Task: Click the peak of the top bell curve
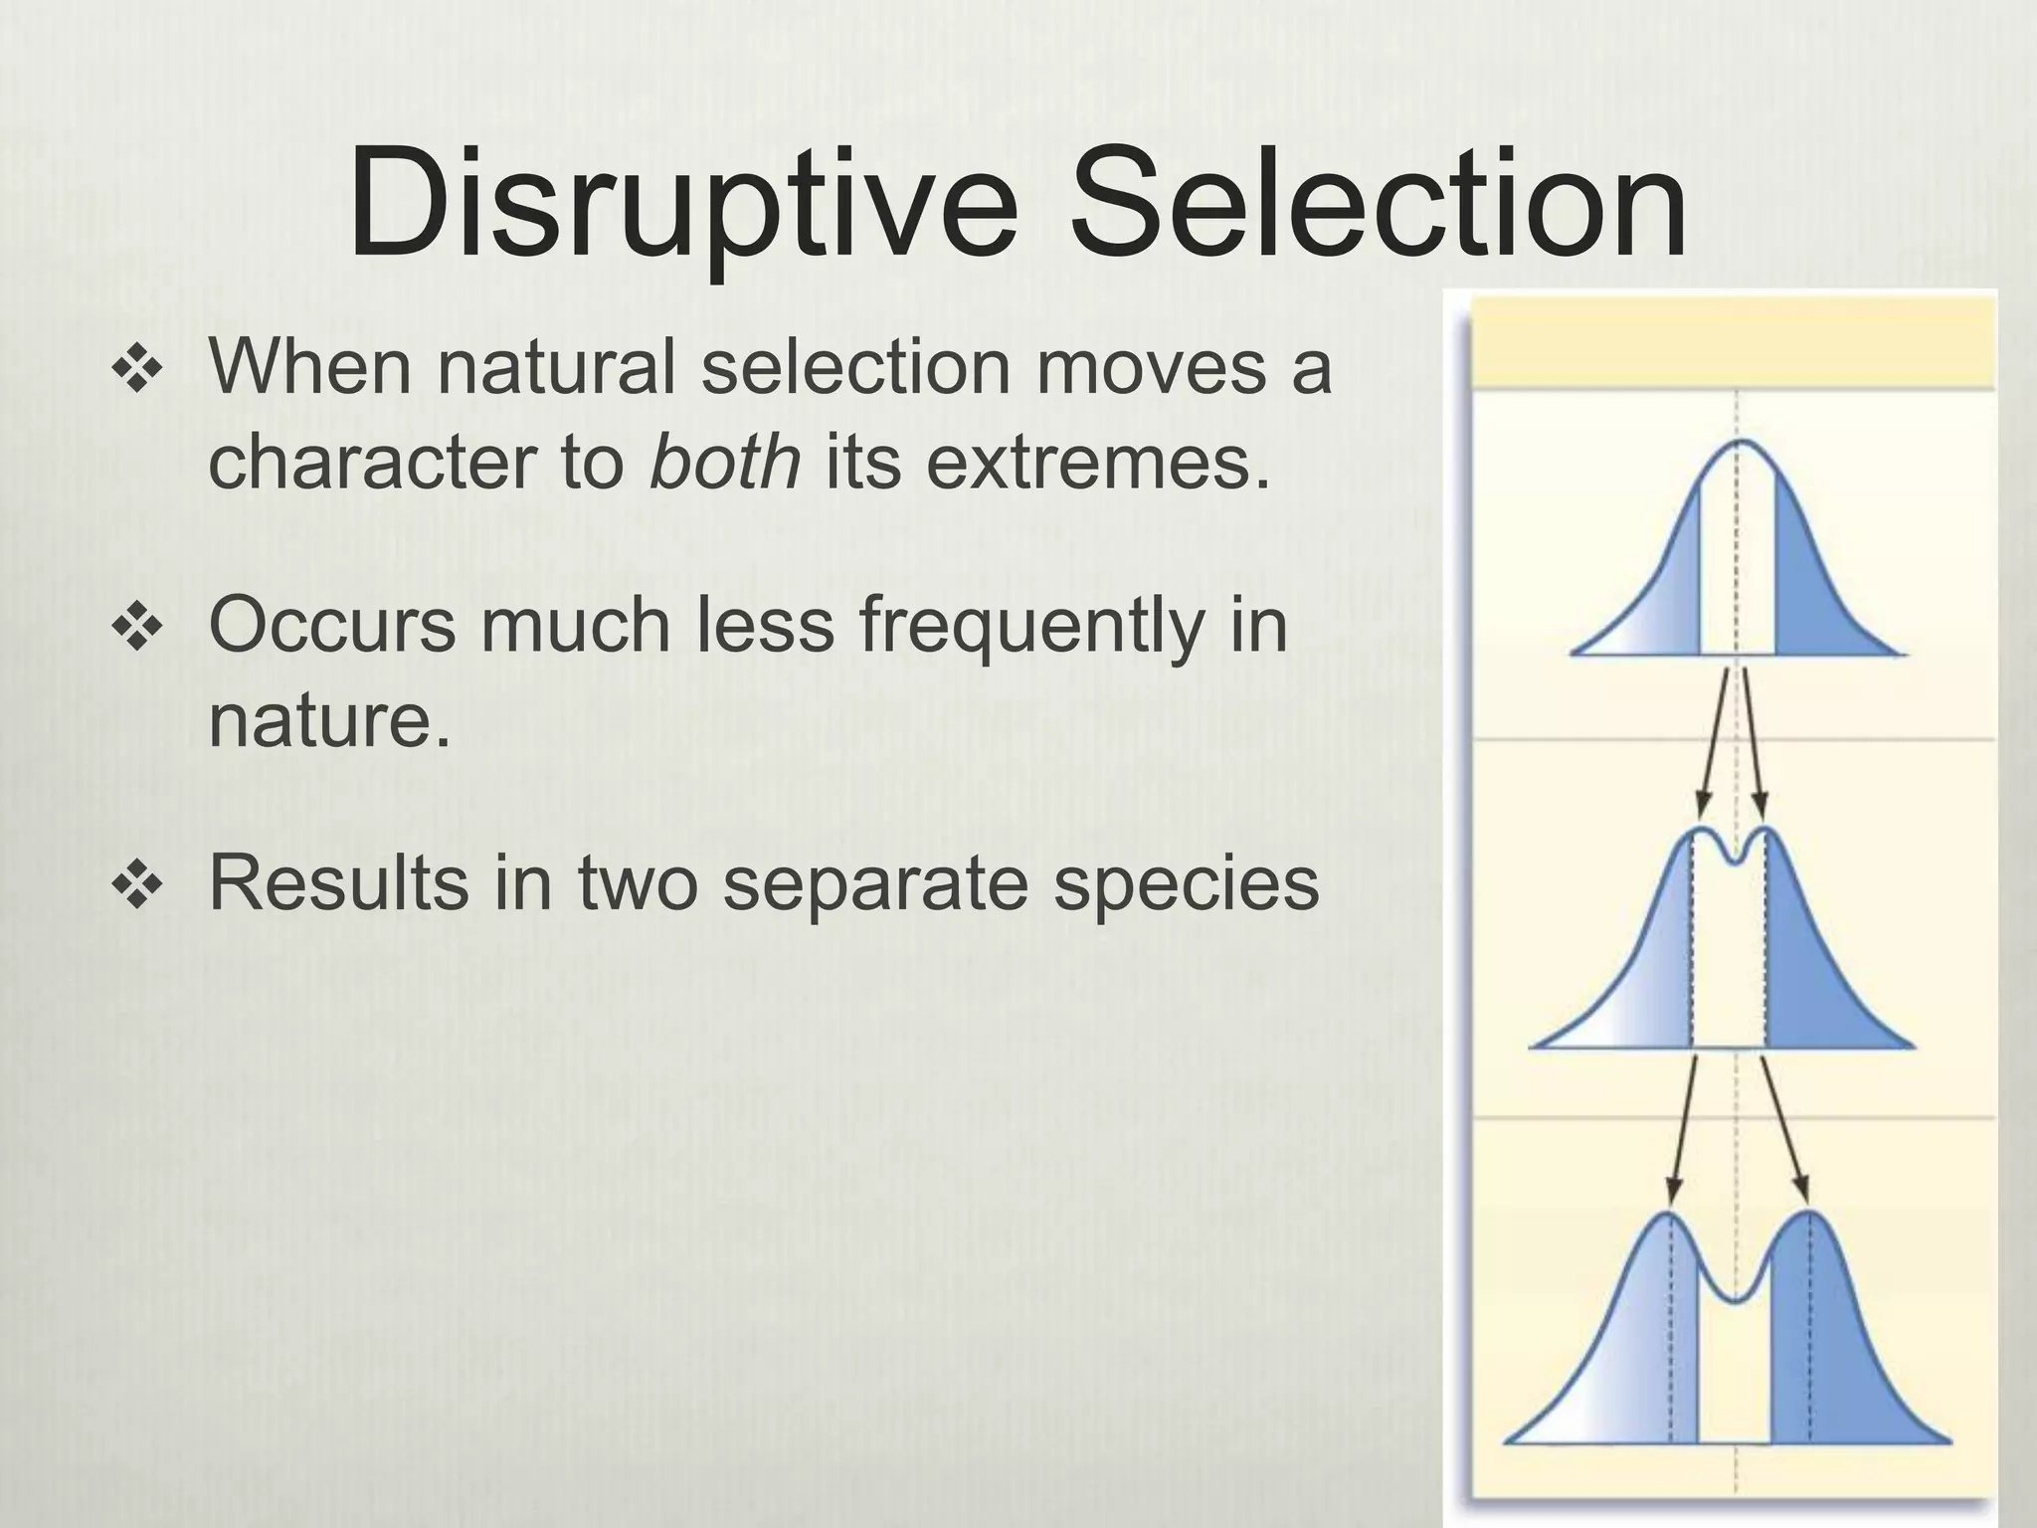point(1737,442)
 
